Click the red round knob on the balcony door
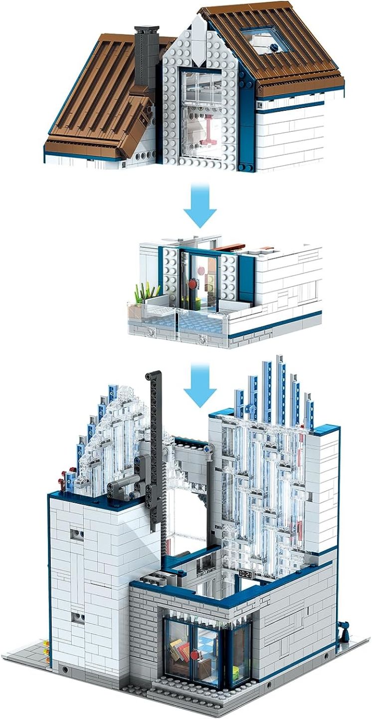(x=193, y=285)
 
